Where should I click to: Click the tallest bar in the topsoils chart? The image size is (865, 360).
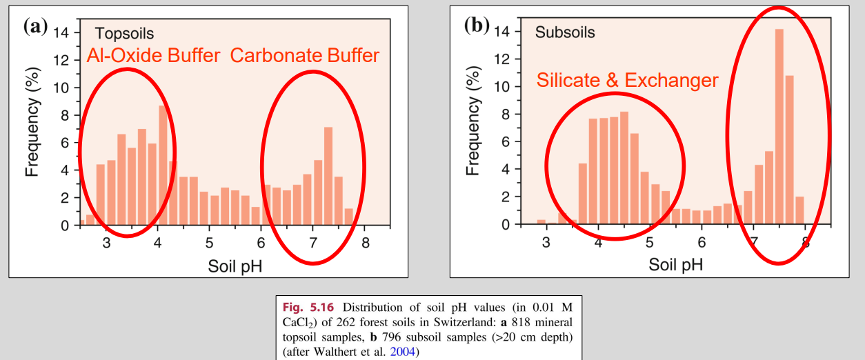click(163, 166)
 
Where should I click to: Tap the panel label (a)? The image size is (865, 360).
click(35, 27)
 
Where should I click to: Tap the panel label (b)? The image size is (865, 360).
click(477, 26)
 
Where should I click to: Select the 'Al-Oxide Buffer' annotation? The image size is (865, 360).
click(153, 56)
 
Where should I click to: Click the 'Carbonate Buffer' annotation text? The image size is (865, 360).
click(305, 56)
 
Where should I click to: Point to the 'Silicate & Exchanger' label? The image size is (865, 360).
click(627, 81)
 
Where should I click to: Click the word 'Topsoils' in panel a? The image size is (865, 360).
click(124, 33)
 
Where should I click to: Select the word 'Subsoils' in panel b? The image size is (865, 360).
click(565, 32)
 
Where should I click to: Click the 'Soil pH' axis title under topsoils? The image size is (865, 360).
click(235, 265)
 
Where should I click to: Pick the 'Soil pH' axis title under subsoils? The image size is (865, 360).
click(676, 264)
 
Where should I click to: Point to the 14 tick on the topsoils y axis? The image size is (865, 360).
click(61, 32)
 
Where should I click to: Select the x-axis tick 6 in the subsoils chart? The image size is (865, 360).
click(702, 242)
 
